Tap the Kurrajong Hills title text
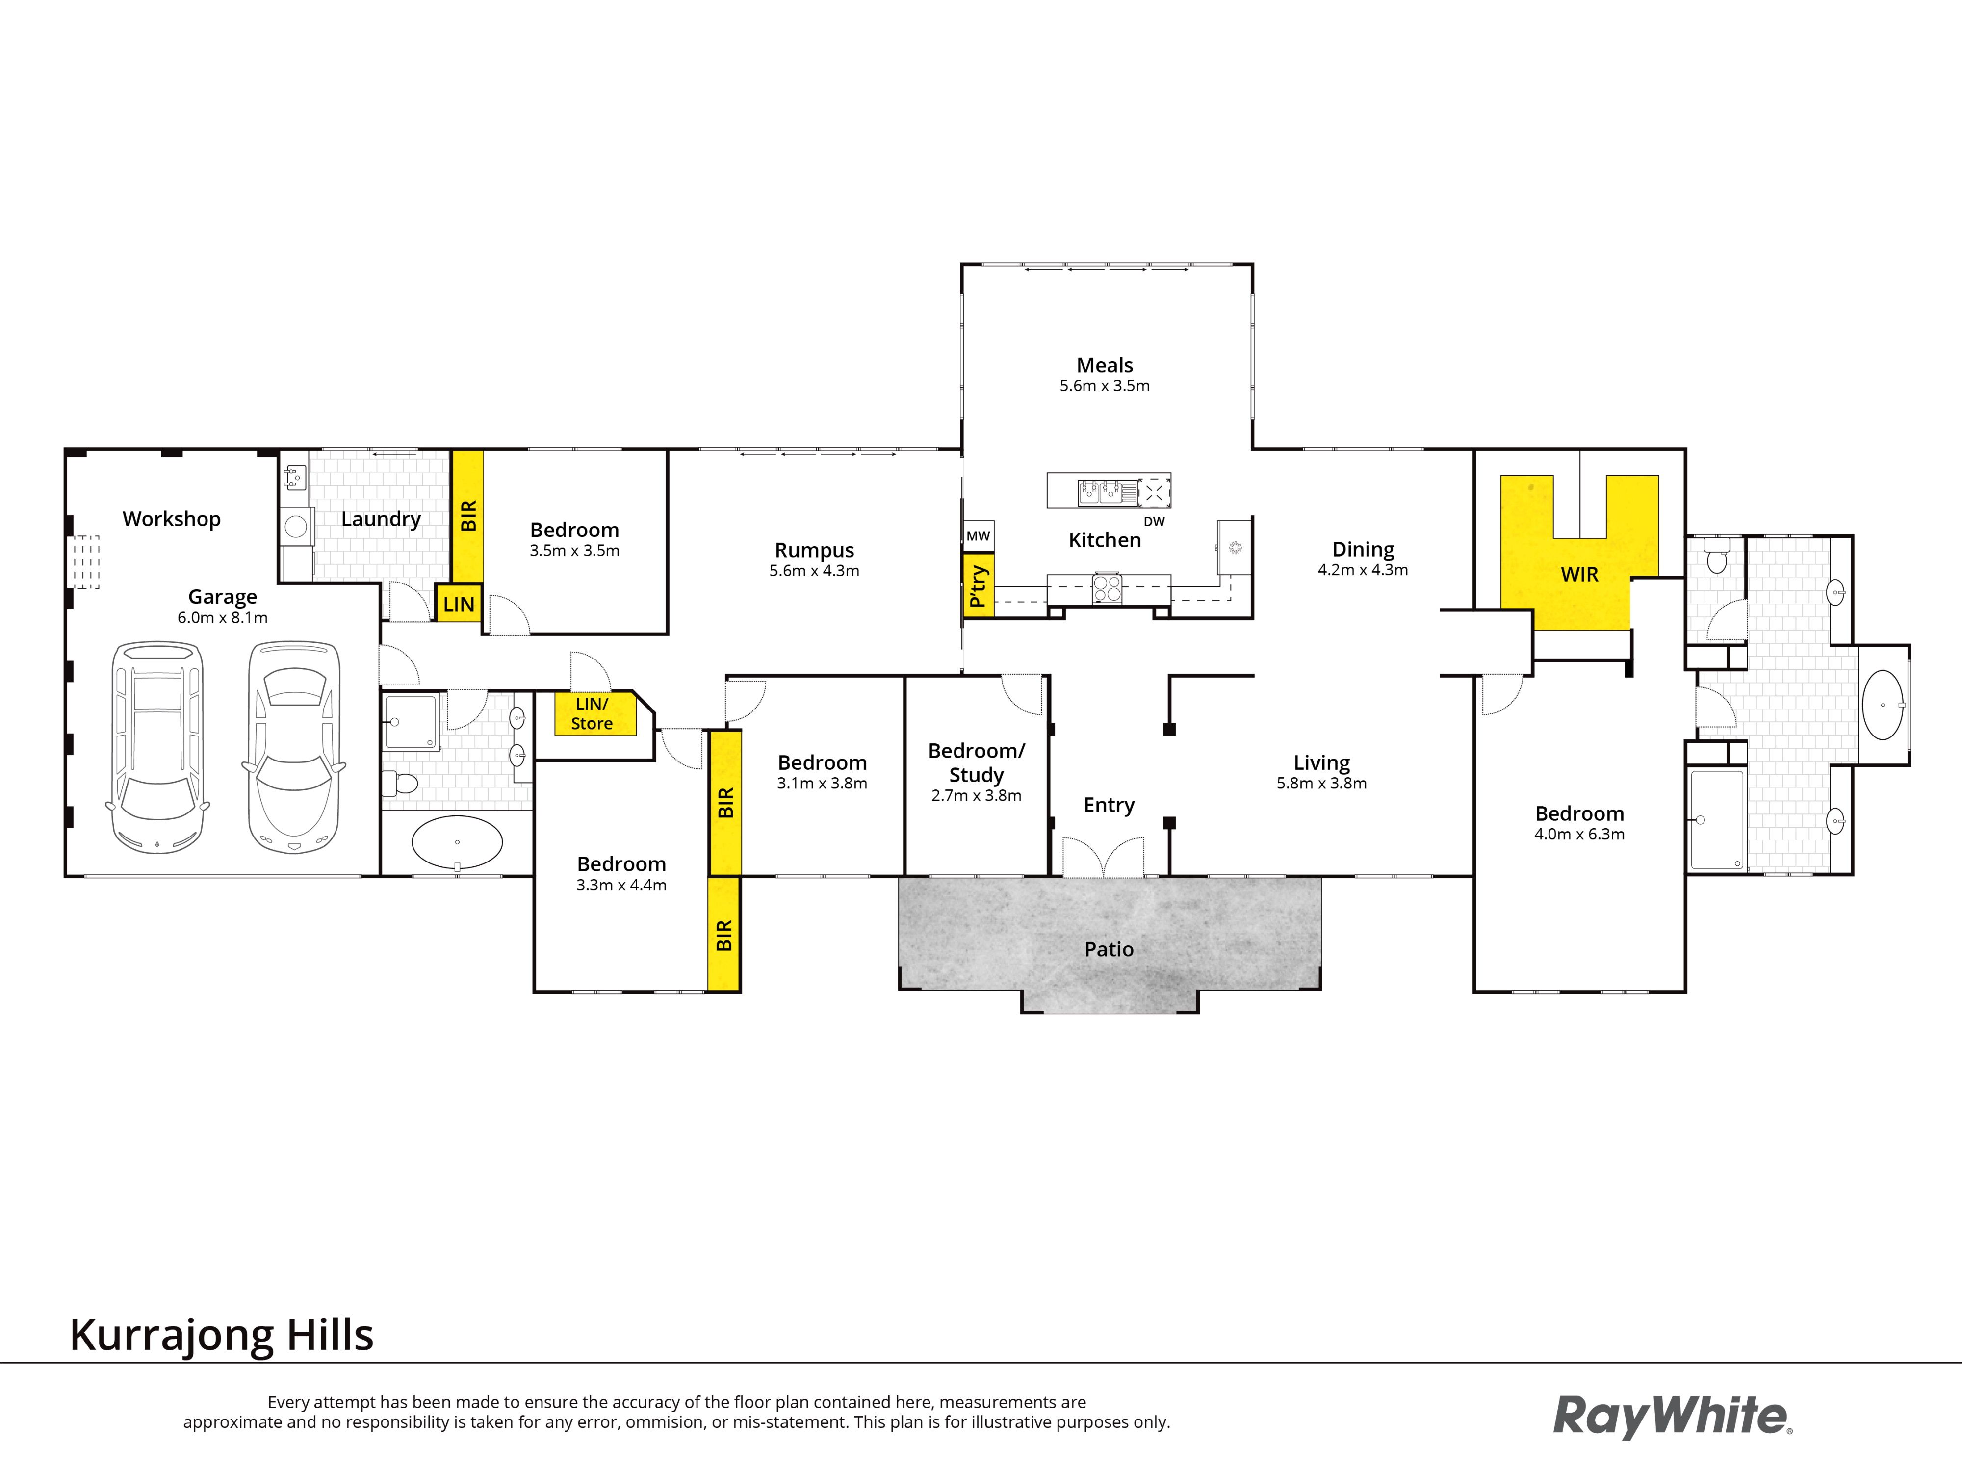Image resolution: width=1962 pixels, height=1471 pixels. pyautogui.click(x=222, y=1335)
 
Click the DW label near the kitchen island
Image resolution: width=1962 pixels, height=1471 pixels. pyautogui.click(x=1154, y=521)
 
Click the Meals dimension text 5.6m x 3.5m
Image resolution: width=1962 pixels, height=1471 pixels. pyautogui.click(x=1104, y=386)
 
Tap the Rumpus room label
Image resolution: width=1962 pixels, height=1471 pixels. pyautogui.click(x=814, y=551)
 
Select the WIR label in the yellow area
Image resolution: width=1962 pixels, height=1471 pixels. pyautogui.click(x=1580, y=575)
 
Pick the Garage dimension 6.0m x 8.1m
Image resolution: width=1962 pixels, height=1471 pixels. pyautogui.click(x=223, y=618)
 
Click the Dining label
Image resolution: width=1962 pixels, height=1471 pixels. pyautogui.click(x=1363, y=550)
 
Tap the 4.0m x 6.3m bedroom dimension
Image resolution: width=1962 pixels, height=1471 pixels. pyautogui.click(x=1580, y=835)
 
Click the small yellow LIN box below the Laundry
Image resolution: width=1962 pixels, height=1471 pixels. pyautogui.click(x=459, y=604)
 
